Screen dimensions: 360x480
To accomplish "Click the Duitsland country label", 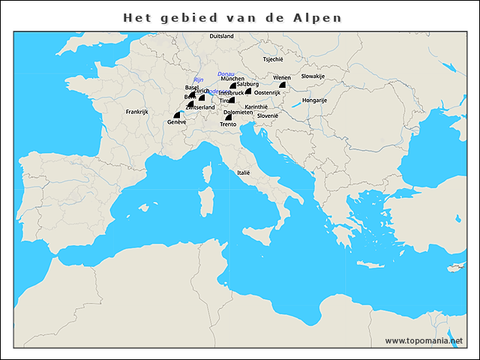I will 221,36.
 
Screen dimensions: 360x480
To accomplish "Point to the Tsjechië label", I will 273,58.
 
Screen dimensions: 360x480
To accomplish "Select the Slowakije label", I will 313,76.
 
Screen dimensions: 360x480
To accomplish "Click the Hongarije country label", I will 314,100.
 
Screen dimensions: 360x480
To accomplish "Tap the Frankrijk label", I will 138,112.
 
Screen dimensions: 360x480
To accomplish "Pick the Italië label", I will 243,172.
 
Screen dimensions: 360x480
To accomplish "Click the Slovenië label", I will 268,115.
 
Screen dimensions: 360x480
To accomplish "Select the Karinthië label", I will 256,107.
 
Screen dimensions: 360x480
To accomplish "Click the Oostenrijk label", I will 267,92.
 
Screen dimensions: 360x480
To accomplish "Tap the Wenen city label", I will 282,78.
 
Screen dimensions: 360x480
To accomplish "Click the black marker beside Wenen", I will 283,85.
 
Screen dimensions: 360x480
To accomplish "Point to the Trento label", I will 228,124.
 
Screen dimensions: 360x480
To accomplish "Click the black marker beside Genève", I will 177,115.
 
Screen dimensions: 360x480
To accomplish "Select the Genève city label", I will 177,122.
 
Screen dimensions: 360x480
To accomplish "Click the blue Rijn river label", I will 199,79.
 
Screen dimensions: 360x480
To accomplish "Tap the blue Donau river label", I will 225,73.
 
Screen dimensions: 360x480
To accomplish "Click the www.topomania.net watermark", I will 424,340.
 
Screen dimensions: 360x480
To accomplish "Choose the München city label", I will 232,79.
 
